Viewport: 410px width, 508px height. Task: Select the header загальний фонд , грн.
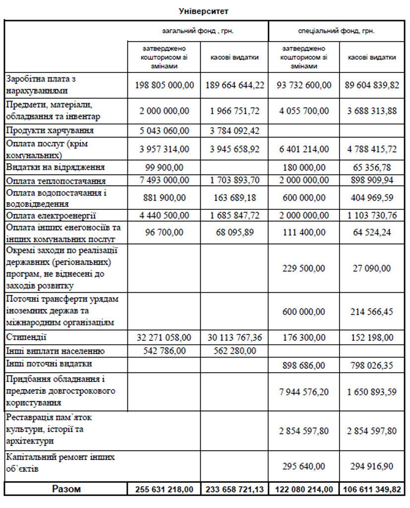pos(198,31)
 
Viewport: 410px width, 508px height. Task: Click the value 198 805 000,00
pos(164,85)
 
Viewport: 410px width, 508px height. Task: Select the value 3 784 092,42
pos(234,130)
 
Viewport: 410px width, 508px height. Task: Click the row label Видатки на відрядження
pos(55,167)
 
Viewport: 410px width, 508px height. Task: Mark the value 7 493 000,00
pos(164,180)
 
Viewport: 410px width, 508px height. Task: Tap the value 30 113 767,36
pos(234,338)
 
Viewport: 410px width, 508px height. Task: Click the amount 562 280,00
pos(234,351)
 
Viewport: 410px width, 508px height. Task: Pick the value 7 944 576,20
pos(304,392)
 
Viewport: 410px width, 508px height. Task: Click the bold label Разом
pos(66,489)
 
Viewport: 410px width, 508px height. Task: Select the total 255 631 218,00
pos(164,490)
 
